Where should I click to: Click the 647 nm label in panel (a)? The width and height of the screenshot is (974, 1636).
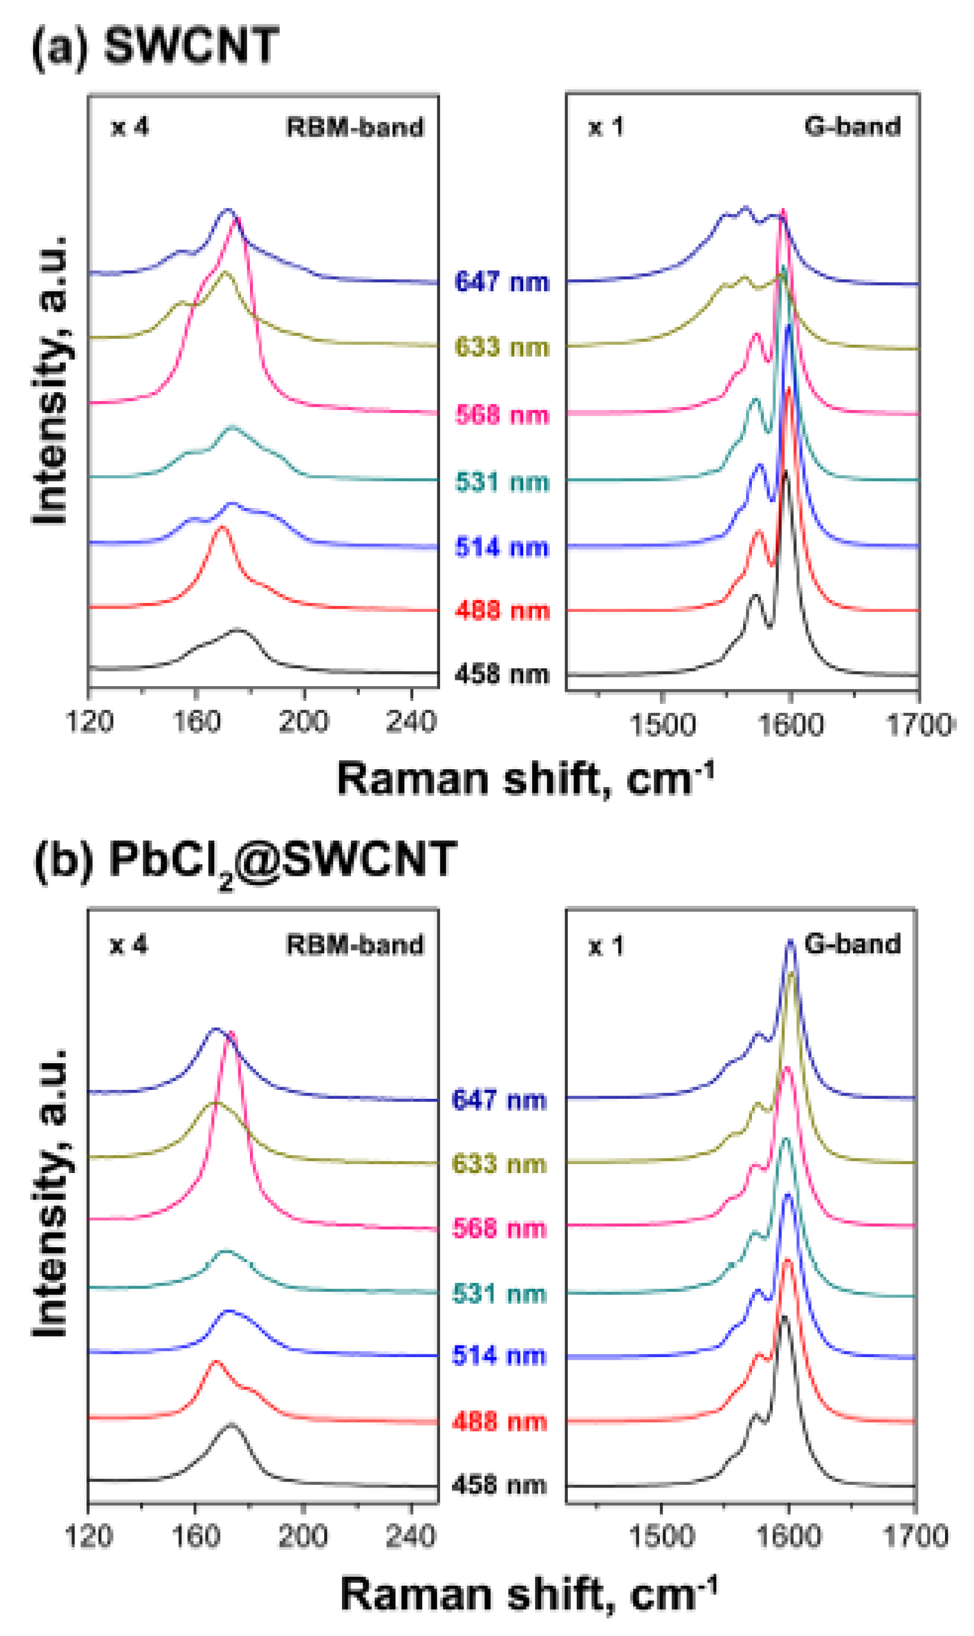pyautogui.click(x=502, y=282)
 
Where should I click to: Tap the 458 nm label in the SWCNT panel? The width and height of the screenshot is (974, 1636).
pyautogui.click(x=502, y=674)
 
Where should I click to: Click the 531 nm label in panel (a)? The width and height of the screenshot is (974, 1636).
pyautogui.click(x=502, y=482)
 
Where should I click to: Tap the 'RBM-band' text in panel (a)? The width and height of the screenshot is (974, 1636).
pyautogui.click(x=354, y=127)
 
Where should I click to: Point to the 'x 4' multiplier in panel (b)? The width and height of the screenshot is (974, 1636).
pyautogui.click(x=129, y=945)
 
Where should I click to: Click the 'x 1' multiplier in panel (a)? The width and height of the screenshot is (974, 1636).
pyautogui.click(x=605, y=127)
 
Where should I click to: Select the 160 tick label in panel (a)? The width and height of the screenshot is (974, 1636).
pyautogui.click(x=195, y=722)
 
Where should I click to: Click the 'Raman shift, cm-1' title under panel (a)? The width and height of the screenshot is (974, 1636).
pyautogui.click(x=525, y=779)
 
